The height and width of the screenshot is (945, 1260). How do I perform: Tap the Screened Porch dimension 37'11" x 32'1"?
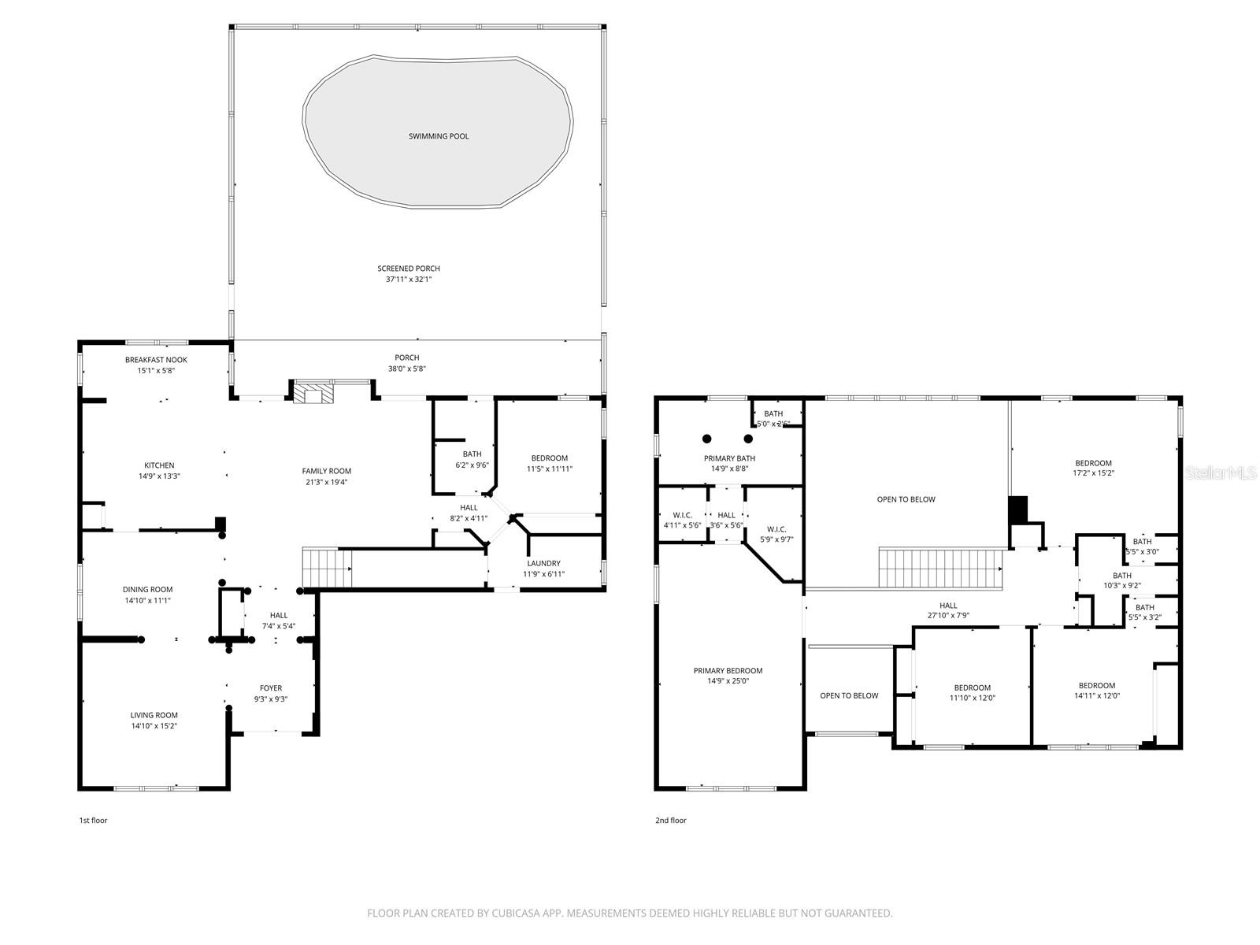[x=408, y=279]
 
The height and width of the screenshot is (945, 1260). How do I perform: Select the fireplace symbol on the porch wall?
[x=313, y=392]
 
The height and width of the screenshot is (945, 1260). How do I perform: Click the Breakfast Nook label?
[x=156, y=360]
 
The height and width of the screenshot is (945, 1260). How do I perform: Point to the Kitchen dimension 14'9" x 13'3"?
[x=159, y=476]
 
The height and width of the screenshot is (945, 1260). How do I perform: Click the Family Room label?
[x=326, y=471]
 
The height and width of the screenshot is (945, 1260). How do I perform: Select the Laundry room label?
[x=543, y=563]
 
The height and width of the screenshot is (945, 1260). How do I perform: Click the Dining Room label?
[x=147, y=589]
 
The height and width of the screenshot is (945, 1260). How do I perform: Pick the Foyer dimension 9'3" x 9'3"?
[x=270, y=699]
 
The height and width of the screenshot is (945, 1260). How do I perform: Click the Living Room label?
[x=154, y=715]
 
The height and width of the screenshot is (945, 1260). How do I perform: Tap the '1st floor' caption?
[x=93, y=821]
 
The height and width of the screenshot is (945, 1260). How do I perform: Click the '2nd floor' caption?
[x=671, y=821]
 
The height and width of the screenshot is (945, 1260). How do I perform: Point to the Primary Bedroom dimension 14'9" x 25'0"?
[x=728, y=681]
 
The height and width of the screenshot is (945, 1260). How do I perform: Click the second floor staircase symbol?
[x=942, y=568]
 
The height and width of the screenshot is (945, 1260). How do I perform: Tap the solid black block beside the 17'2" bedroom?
[x=1018, y=510]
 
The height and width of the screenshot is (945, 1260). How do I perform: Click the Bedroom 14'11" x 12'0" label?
[x=1097, y=685]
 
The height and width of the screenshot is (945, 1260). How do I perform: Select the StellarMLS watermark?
[x=1221, y=472]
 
